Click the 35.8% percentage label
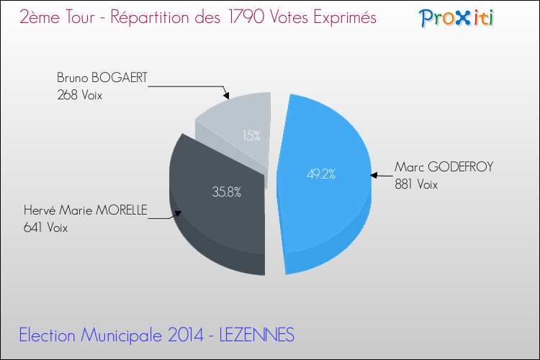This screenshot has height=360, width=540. (225, 192)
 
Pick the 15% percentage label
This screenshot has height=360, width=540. (251, 135)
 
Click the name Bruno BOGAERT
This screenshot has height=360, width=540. (102, 78)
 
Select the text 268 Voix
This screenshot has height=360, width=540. (80, 94)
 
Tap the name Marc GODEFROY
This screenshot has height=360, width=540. (444, 167)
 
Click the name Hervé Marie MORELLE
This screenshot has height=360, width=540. (85, 210)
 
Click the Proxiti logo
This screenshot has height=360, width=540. (456, 18)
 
